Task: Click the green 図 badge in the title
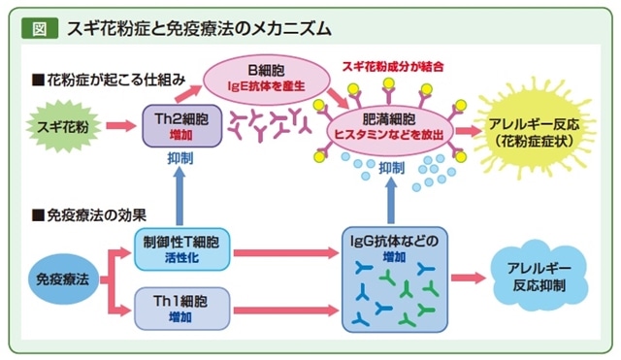click(40, 28)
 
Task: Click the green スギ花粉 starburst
click(63, 126)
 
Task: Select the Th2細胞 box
click(181, 126)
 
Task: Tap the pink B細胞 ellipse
click(267, 80)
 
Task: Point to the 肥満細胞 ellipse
click(389, 128)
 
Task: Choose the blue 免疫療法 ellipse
click(62, 279)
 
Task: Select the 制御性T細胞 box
click(181, 249)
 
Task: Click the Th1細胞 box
click(181, 309)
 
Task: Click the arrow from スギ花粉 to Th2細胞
click(120, 126)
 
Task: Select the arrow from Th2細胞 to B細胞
click(187, 93)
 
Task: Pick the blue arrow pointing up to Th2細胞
click(180, 196)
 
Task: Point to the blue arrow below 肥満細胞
click(391, 200)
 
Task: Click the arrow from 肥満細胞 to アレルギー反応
click(468, 132)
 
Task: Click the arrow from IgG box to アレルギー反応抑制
click(468, 278)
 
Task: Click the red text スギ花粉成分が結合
click(393, 67)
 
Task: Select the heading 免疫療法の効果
click(89, 215)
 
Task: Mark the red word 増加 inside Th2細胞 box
click(181, 135)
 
